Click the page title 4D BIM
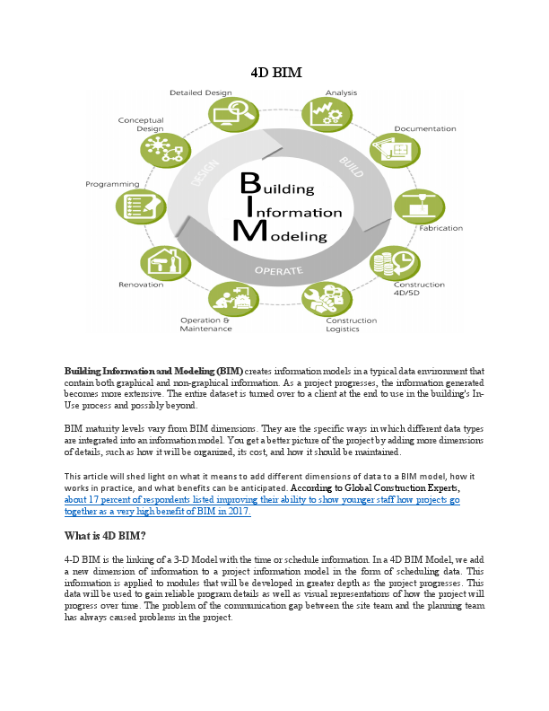point(274,72)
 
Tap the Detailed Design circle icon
point(228,114)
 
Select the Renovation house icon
point(159,264)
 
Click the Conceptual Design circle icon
point(160,149)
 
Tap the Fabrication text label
point(441,228)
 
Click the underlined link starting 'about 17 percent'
point(261,500)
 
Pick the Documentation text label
point(425,128)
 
